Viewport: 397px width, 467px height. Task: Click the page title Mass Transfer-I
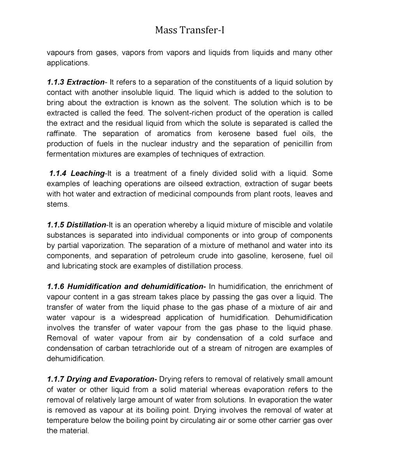click(x=190, y=30)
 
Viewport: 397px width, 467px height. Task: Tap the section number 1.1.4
click(x=58, y=173)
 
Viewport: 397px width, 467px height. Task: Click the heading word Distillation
click(x=86, y=225)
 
